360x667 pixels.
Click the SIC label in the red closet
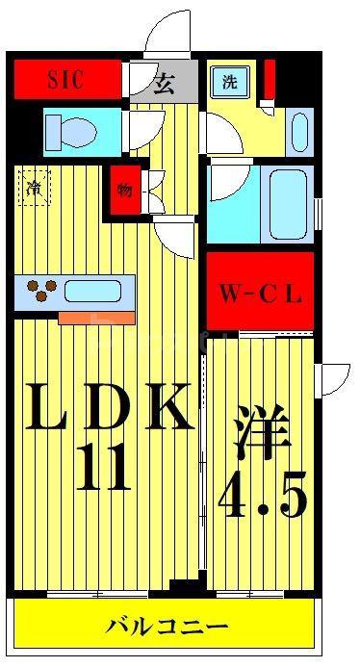[x=65, y=80]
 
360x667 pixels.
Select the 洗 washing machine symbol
[x=230, y=83]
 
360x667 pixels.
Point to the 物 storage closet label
[x=124, y=191]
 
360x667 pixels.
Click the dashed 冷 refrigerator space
[x=35, y=188]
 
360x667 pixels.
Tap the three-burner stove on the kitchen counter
[x=42, y=290]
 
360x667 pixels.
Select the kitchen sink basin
[x=91, y=292]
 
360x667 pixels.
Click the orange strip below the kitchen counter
[x=96, y=318]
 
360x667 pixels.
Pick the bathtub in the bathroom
[x=288, y=205]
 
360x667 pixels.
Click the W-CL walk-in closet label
[x=260, y=295]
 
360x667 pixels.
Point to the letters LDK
[x=107, y=406]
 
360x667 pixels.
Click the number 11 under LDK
[x=103, y=467]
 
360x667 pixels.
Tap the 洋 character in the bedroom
[x=261, y=431]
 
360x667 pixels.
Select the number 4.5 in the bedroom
[x=262, y=494]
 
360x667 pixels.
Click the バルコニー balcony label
[x=167, y=627]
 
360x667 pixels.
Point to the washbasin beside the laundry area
[x=299, y=132]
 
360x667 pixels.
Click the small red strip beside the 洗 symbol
[x=269, y=80]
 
